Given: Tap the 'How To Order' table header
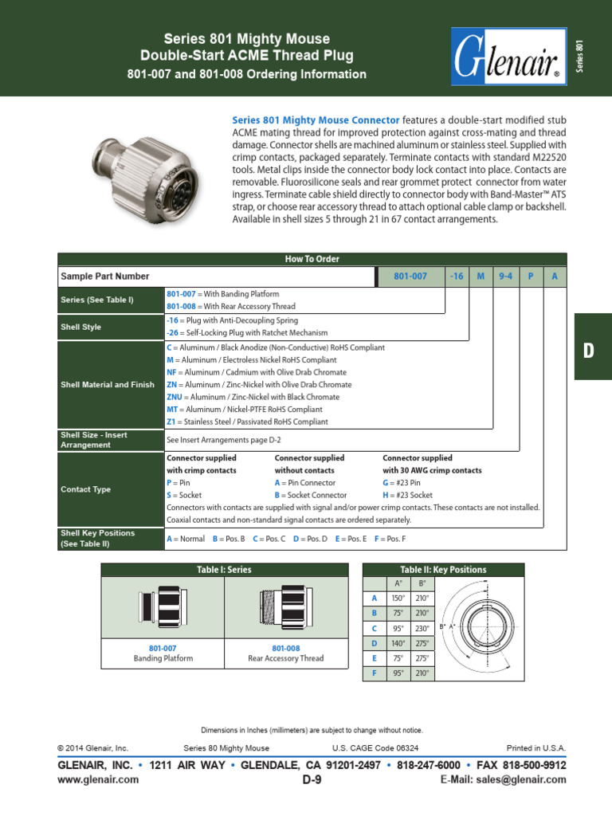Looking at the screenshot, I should coord(312,259).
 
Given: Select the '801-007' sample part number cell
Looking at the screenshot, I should coord(410,277).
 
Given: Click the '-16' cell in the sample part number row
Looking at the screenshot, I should coord(456,277).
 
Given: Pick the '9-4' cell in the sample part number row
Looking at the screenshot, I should coord(505,277).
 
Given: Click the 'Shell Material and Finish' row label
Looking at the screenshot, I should coord(108,384).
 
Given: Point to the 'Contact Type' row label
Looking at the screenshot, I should coord(86,489).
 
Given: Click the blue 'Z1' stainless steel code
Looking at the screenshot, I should coord(171,422).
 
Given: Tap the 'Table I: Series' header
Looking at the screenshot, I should coord(225,570).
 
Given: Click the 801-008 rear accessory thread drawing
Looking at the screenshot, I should coord(286,609).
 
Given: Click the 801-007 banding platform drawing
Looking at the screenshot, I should coord(163,609).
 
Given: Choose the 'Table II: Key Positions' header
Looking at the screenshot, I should coord(443,570).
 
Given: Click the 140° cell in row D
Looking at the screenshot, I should coord(398,643).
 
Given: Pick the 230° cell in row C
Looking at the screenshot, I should coord(422,628).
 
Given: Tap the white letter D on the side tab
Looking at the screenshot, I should coord(590,351).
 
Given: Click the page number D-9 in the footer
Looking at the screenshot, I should coord(312,780).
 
